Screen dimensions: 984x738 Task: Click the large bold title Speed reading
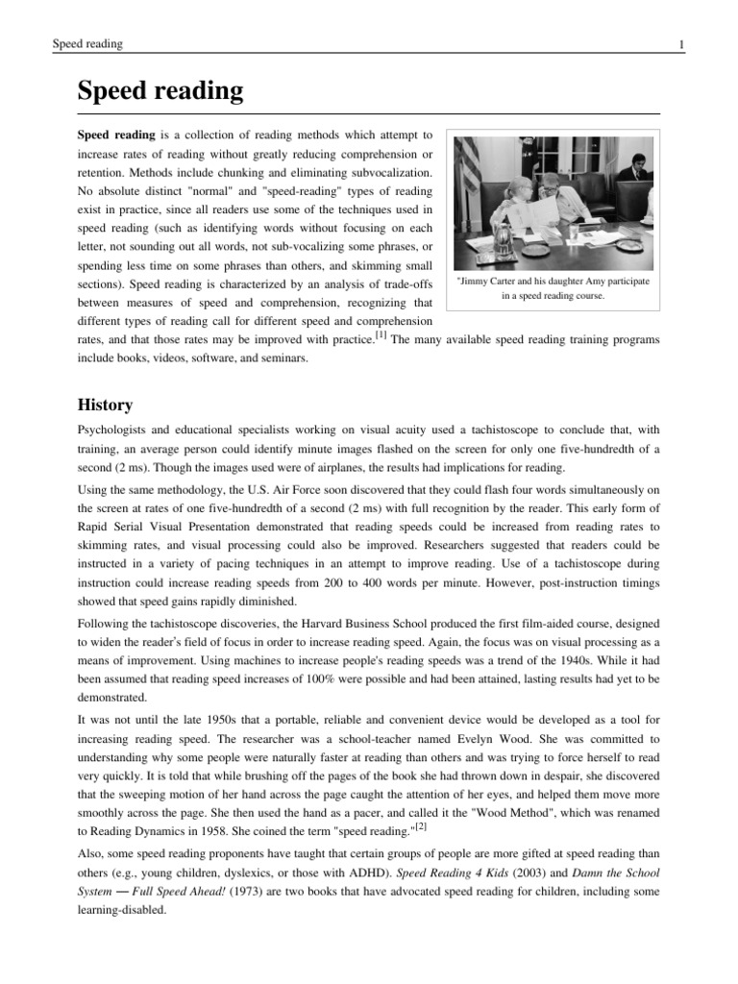pos(160,92)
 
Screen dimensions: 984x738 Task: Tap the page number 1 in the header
pos(680,45)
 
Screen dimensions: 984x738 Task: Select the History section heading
pos(105,405)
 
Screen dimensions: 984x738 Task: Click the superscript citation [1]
pos(381,334)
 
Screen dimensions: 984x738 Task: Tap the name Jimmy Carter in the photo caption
pos(488,282)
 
